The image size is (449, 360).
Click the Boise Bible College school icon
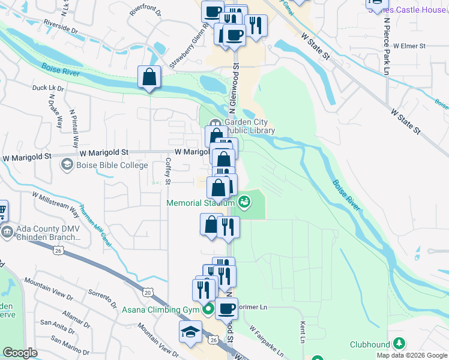pos(66,165)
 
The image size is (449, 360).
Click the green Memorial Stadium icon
pos(244,202)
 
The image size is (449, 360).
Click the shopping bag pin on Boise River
pos(148,77)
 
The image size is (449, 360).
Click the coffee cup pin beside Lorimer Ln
pos(226,308)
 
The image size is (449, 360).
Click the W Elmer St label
pos(406,46)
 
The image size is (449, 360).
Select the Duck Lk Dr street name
pos(48,88)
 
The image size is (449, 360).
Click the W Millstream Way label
pos(56,204)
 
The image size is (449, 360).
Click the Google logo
pos(20,353)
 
